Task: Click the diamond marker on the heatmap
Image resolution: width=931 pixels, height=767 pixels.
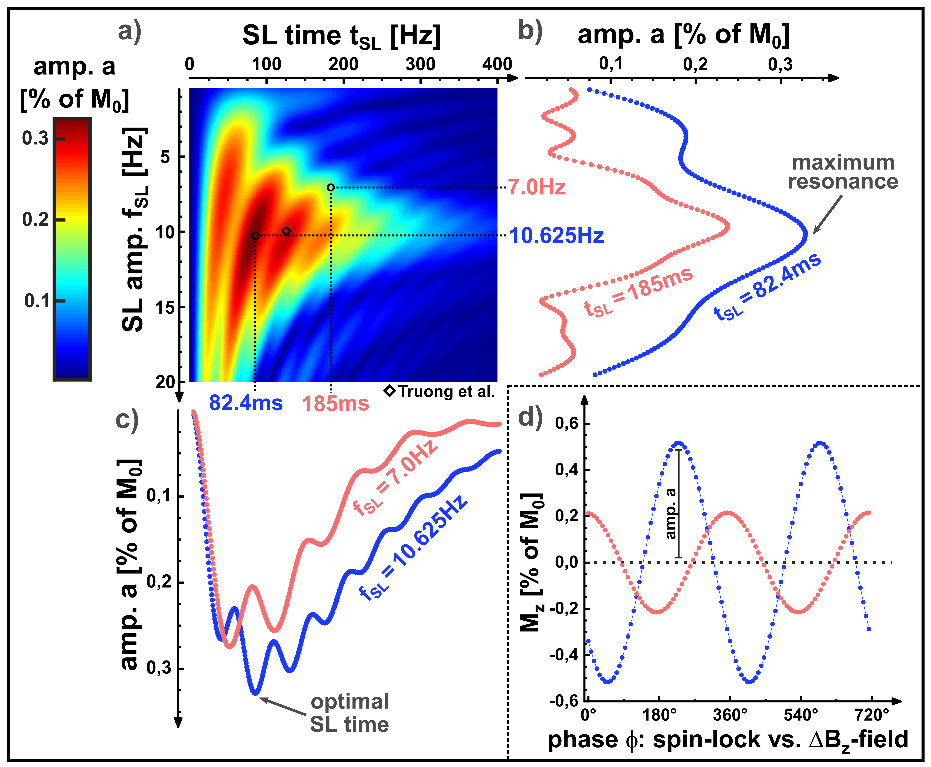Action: click(286, 231)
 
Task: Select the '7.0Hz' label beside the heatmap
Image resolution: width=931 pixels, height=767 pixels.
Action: click(536, 187)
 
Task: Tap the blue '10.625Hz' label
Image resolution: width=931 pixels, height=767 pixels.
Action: click(556, 235)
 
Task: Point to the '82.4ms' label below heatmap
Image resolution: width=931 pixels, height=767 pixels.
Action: click(246, 403)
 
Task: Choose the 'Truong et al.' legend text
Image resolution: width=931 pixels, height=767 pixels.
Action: click(446, 392)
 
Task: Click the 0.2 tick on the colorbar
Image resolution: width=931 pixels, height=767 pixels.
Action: click(35, 220)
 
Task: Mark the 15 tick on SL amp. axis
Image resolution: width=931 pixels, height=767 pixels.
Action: click(165, 307)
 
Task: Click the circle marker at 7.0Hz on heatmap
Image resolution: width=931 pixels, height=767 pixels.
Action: click(331, 187)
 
